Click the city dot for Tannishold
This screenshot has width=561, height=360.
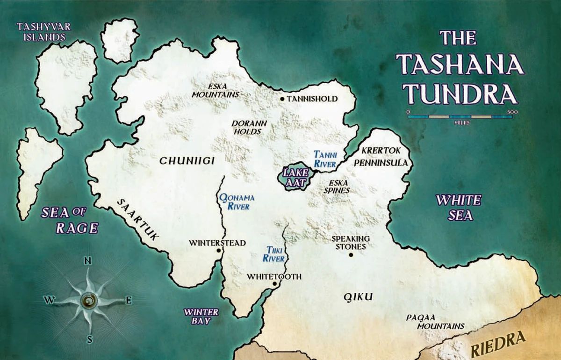point(282,99)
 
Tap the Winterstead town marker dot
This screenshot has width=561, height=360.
point(218,251)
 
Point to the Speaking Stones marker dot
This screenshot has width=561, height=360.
point(351,255)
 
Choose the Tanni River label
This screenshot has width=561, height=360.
point(325,159)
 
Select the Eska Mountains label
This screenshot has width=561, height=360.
point(216,90)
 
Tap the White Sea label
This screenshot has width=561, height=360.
point(458,207)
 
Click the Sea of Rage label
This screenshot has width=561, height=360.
point(70,220)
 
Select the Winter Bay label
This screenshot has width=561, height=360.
point(201,317)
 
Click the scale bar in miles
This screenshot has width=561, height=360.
point(460,116)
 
